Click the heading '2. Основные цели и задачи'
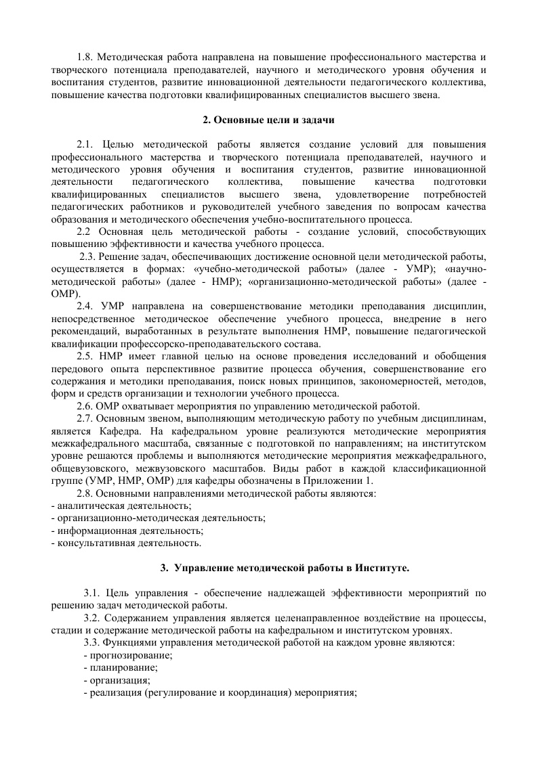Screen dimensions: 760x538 click(269, 120)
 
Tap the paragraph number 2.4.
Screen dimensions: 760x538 click(87, 306)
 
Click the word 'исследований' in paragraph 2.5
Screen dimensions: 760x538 click(377, 356)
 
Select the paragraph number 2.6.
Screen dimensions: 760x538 click(87, 406)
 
